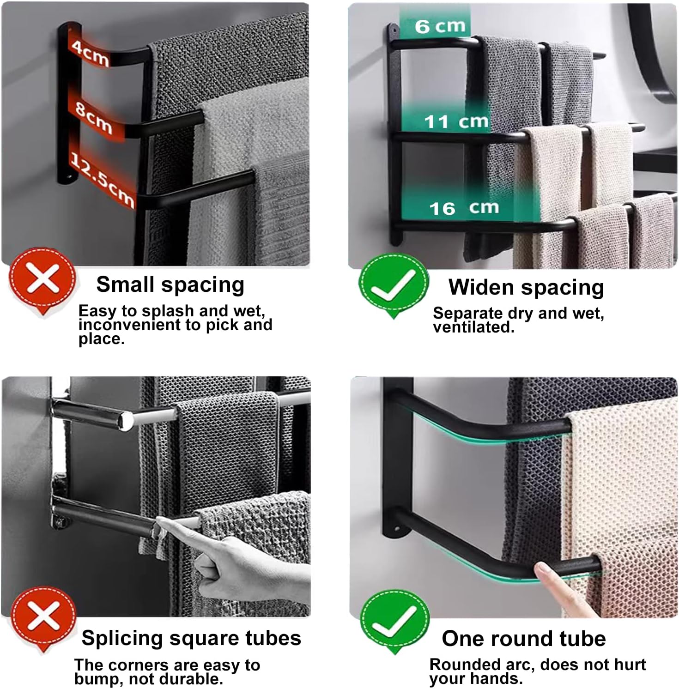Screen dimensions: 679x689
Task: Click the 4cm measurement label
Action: tap(91, 53)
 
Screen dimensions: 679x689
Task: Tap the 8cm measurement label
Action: tap(94, 117)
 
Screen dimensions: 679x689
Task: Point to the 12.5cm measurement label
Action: tap(102, 180)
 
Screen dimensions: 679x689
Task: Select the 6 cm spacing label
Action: tap(440, 26)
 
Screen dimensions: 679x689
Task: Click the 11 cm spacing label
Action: tap(456, 121)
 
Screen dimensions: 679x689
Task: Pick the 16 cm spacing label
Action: tap(464, 208)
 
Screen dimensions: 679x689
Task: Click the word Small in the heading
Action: tap(125, 284)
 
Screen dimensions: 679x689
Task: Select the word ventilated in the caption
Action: tap(473, 327)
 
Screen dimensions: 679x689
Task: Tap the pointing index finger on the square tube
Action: tap(163, 523)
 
